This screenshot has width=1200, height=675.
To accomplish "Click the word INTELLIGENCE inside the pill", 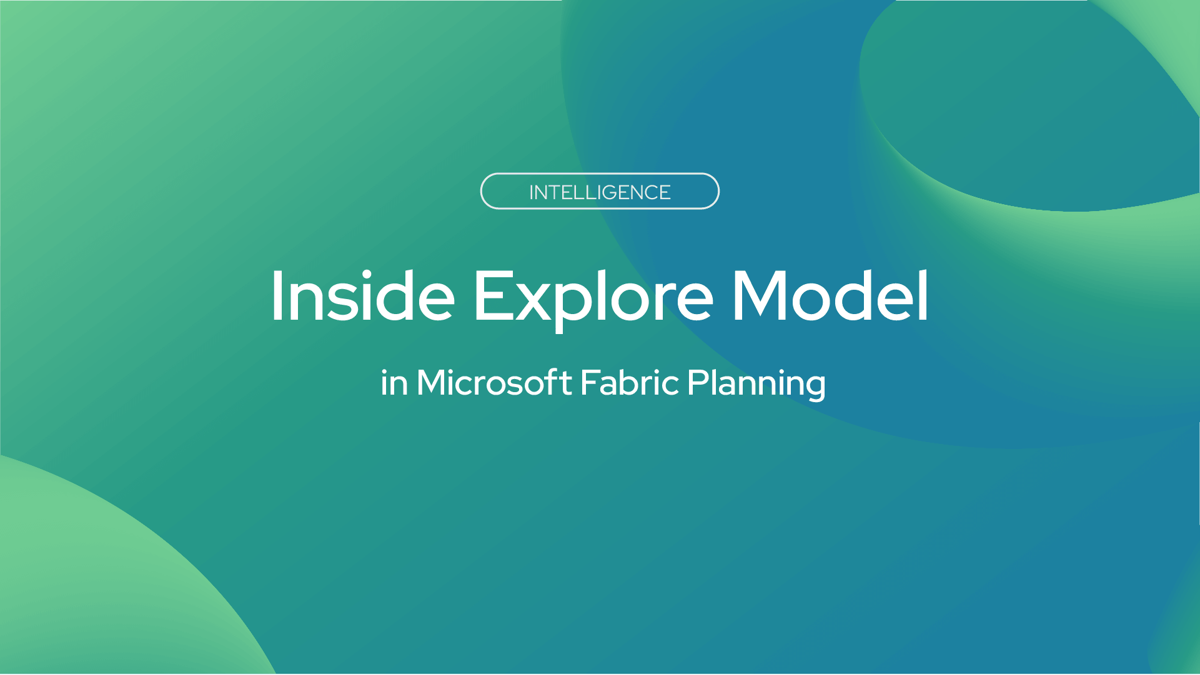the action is [600, 192].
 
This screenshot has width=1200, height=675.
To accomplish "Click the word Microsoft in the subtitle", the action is [494, 382].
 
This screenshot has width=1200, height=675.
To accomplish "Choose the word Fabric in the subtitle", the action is [630, 382].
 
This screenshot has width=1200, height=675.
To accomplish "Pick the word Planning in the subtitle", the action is [756, 385].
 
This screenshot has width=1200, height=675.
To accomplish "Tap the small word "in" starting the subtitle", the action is [394, 383].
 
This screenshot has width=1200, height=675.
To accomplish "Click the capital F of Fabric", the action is [590, 382].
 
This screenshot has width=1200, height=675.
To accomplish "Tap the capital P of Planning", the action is [698, 382].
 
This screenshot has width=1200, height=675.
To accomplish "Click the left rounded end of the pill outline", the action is [482, 191].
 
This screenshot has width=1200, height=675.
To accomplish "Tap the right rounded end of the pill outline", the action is [718, 191].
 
